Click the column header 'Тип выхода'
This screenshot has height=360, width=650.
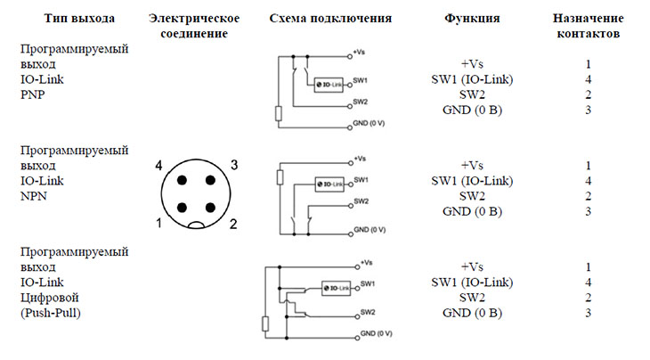[79, 19]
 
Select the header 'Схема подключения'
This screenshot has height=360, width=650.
[330, 19]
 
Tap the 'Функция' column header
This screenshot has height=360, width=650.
[472, 19]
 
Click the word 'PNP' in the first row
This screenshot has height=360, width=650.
[33, 95]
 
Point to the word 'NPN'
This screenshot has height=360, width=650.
[34, 196]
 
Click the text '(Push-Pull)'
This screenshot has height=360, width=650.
[51, 313]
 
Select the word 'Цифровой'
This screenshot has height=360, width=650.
[49, 298]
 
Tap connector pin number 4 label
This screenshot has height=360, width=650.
[158, 166]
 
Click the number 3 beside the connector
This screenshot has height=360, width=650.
[234, 165]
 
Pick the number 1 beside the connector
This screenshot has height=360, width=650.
[158, 224]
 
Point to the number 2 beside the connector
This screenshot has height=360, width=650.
[233, 225]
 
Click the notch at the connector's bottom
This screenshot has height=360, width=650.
[196, 225]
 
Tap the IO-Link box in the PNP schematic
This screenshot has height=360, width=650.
[329, 85]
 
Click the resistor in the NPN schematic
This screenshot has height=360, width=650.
[280, 177]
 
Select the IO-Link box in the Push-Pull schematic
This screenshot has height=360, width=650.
[337, 288]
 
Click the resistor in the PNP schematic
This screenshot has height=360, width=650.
[279, 114]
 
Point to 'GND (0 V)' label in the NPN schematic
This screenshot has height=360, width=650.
[370, 230]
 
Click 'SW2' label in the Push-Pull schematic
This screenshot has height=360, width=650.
[368, 312]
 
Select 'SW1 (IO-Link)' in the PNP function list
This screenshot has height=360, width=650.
[472, 79]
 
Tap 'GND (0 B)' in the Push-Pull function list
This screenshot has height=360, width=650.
[472, 313]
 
